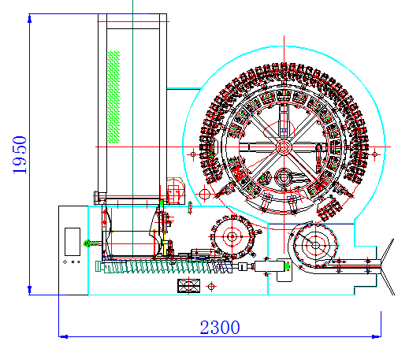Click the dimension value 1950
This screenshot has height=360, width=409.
20,155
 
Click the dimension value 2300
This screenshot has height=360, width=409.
220,327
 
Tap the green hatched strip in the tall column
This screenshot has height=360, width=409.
113,97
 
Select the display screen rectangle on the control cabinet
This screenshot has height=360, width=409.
73,242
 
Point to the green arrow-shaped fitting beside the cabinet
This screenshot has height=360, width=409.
89,243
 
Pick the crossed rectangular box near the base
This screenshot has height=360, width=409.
188,286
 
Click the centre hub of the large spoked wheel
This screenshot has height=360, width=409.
284,147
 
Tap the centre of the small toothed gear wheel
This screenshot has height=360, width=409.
232,237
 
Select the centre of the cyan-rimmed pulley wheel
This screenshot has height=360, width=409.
315,246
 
